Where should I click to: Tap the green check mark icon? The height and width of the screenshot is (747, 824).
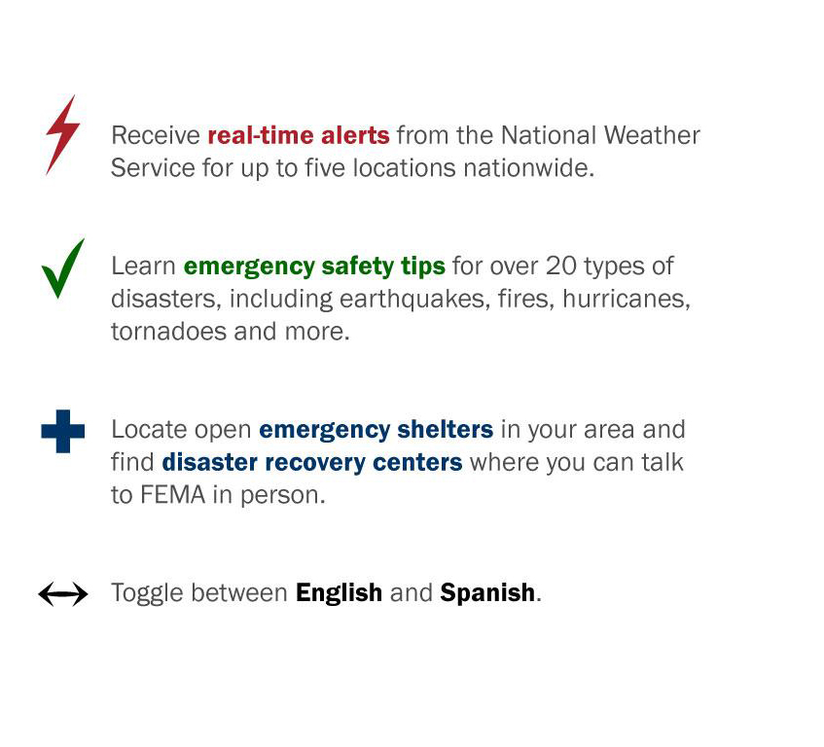(x=62, y=268)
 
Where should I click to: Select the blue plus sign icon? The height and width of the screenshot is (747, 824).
(x=63, y=431)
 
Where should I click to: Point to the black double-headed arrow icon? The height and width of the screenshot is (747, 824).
(x=63, y=593)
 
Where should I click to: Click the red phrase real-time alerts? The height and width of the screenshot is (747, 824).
(x=299, y=134)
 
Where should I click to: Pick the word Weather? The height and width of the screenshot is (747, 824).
(x=652, y=134)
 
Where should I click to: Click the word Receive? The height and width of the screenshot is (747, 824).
(x=155, y=134)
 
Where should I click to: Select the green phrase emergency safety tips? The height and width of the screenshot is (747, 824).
(x=314, y=266)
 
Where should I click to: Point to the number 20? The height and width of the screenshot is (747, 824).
(x=561, y=266)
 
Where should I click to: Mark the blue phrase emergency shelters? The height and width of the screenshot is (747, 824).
(x=376, y=429)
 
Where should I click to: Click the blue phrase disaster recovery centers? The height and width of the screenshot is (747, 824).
(x=312, y=461)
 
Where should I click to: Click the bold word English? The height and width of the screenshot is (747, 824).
(x=339, y=592)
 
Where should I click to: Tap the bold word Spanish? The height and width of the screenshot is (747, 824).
(x=487, y=592)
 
